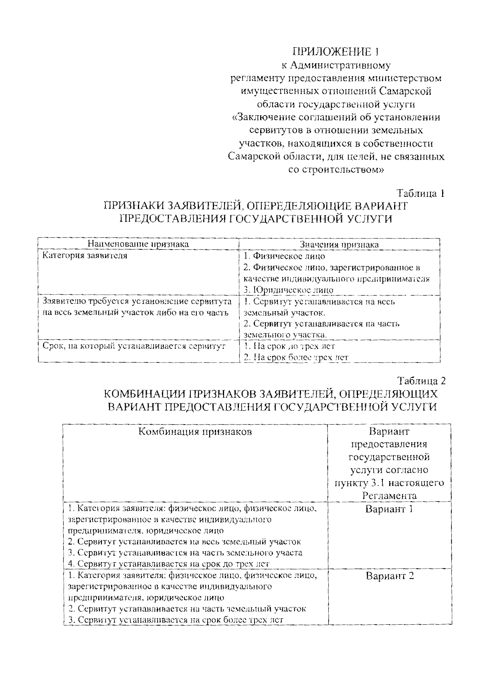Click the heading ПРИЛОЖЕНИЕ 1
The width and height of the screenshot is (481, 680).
tap(335, 52)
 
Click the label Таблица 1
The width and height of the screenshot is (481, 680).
tap(421, 193)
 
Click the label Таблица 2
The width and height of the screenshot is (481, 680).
tap(421, 380)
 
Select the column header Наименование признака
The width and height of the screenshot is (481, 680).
tap(138, 244)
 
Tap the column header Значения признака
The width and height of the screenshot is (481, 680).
tap(339, 245)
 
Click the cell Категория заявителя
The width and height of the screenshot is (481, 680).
tap(85, 256)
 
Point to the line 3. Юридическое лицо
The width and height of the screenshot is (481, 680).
tap(288, 290)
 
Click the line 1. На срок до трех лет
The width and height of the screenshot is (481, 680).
tap(289, 346)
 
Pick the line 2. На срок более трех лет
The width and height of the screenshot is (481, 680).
tap(296, 357)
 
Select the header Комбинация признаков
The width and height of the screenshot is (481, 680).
tap(195, 432)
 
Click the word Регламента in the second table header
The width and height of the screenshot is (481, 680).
tap(389, 496)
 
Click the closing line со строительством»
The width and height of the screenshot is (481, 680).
tap(336, 170)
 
